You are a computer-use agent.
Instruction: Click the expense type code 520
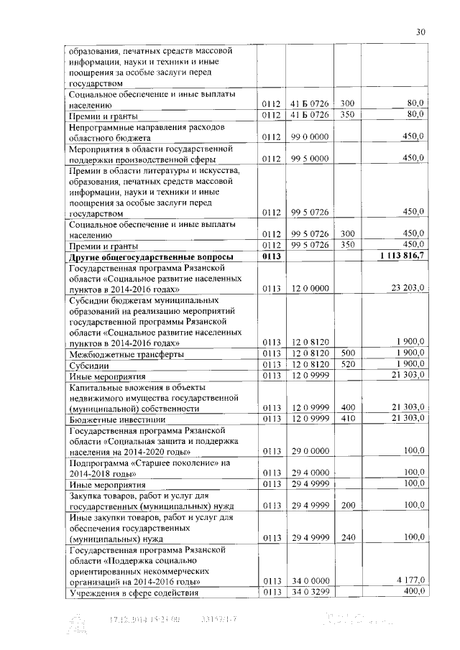(347, 364)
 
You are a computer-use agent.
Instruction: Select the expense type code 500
(347, 353)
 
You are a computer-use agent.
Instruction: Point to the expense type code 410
(347, 418)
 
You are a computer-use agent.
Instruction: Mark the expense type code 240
(347, 537)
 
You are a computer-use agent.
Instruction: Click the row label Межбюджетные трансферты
(125, 354)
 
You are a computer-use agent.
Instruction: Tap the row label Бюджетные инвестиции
(117, 419)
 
